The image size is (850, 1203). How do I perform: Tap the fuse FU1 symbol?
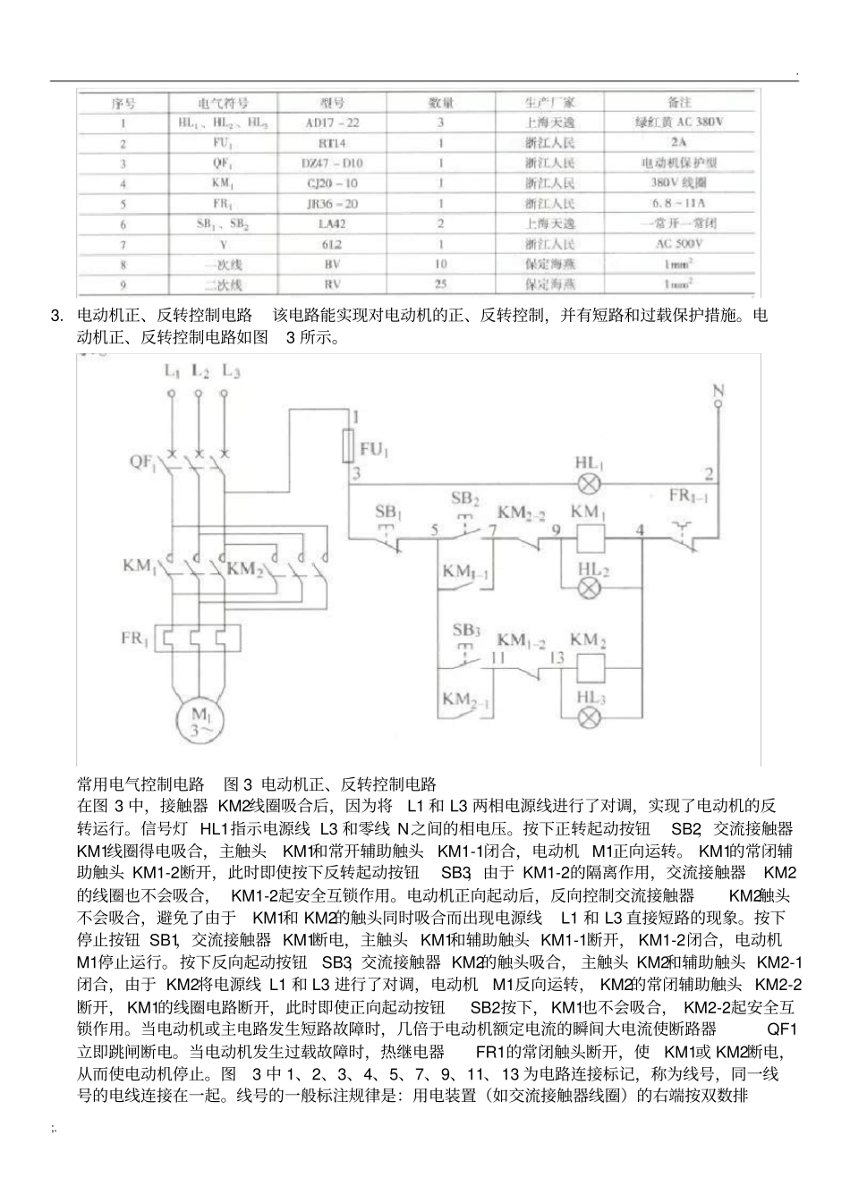point(350,445)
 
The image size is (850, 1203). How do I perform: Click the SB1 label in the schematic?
point(388,513)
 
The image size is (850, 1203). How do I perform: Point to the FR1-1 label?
point(688,496)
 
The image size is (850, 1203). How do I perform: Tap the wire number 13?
point(557,657)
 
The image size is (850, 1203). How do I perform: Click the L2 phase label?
point(200,369)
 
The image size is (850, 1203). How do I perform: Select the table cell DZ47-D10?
point(332,163)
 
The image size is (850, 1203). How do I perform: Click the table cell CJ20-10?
point(332,183)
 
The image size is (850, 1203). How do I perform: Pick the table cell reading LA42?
point(332,224)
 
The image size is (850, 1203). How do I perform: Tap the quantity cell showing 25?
point(440,285)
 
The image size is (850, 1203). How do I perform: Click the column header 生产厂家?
point(549,102)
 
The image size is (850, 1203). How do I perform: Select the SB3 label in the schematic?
point(465,631)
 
